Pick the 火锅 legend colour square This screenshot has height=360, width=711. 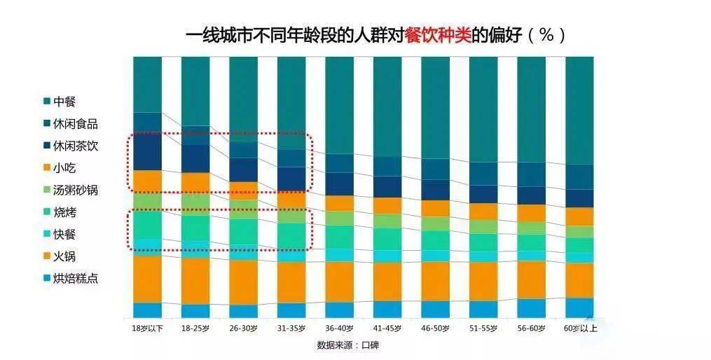coord(47,256)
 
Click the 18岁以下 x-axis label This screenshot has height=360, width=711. coord(147,328)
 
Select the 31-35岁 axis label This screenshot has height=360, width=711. coord(291,328)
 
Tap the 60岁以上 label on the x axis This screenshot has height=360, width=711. coord(580,328)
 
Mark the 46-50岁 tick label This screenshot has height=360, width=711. coord(435,328)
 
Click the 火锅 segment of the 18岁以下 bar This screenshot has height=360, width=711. coord(147,279)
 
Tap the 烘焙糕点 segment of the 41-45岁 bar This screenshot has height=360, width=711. coord(387,309)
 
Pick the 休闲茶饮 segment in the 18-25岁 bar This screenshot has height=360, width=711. coord(195,158)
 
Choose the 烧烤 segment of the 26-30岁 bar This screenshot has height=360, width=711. coord(243,231)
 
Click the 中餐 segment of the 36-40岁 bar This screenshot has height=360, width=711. coord(339,105)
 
